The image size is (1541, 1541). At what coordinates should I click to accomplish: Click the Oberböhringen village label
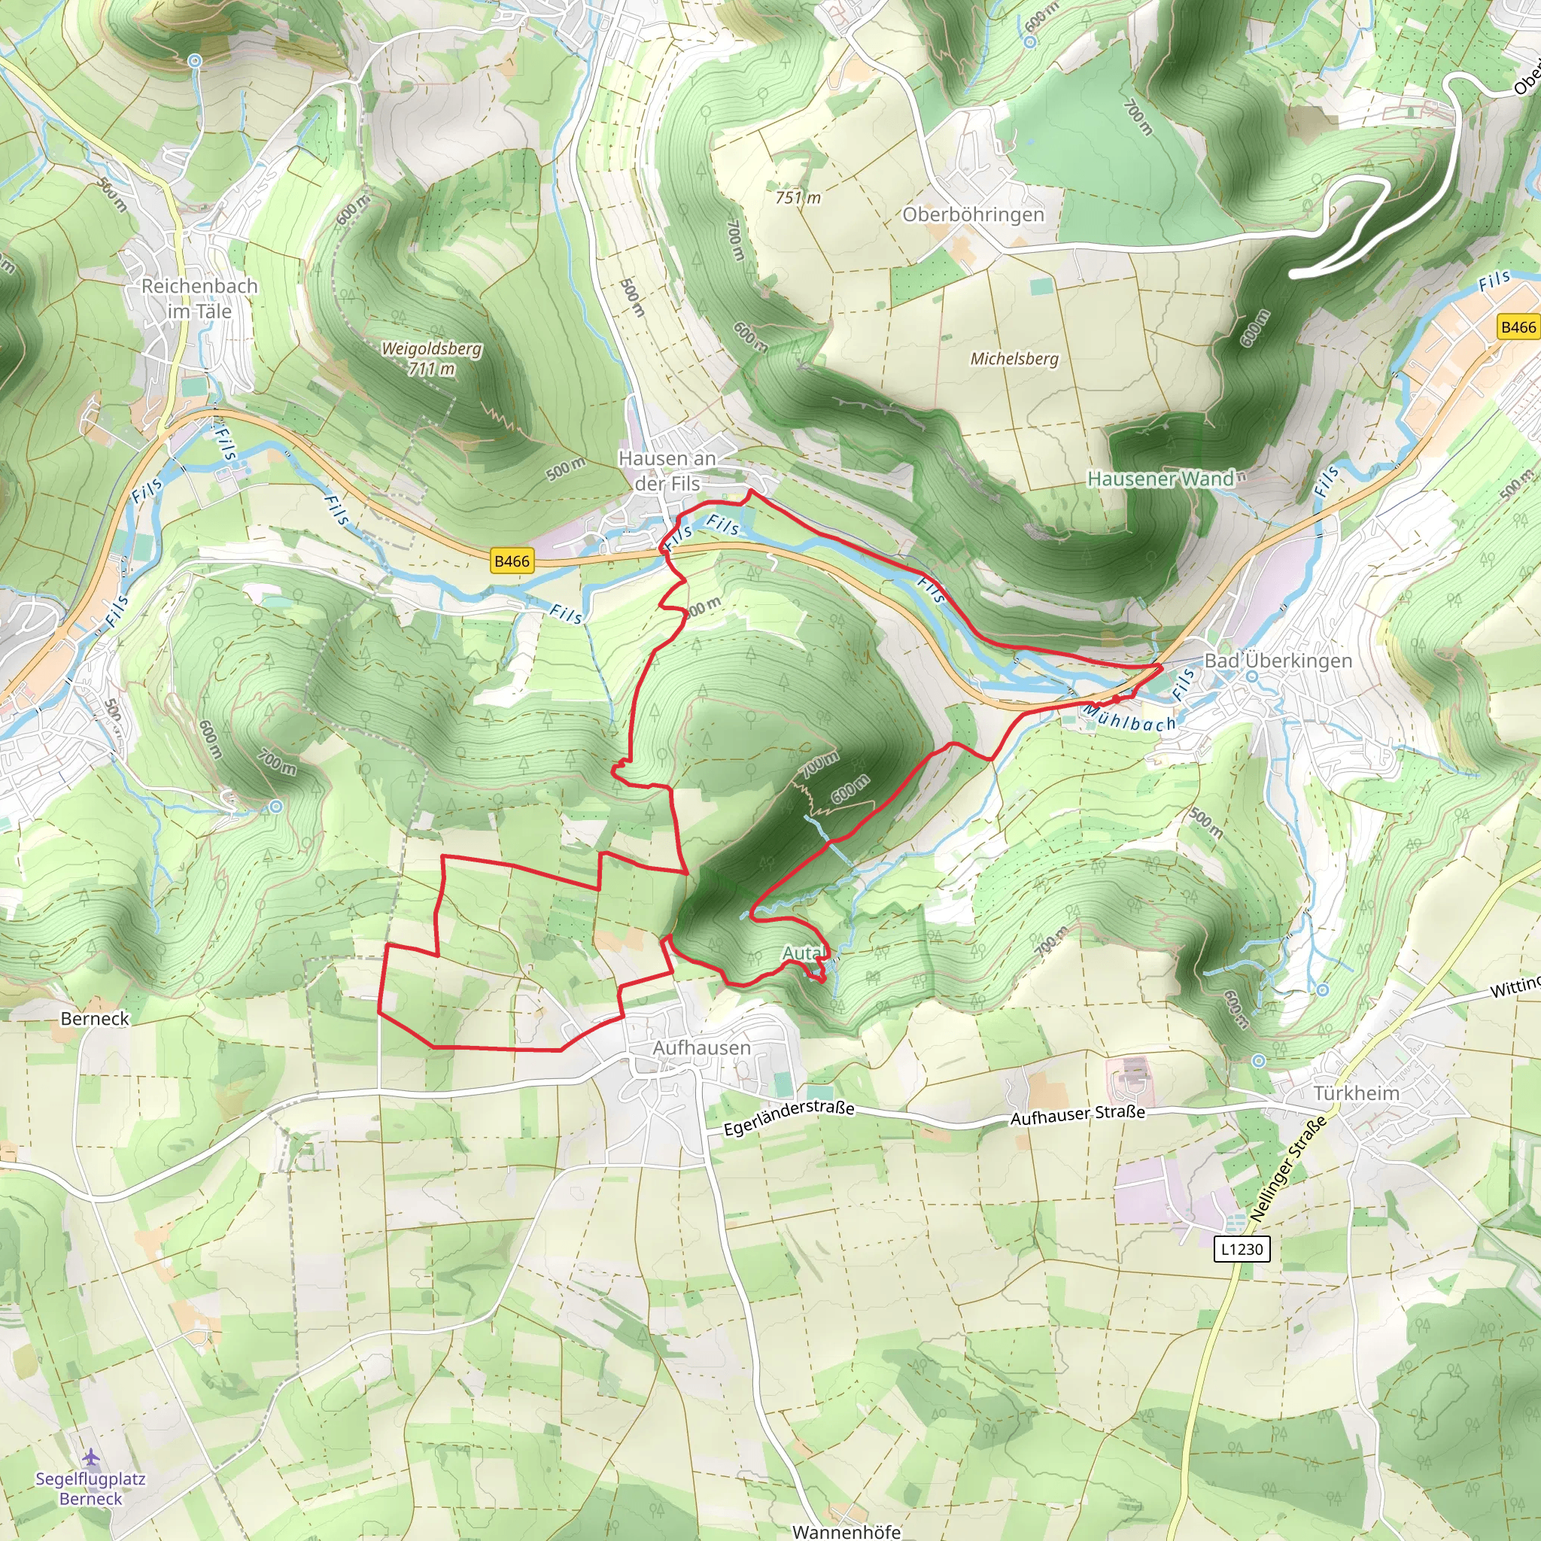click(973, 214)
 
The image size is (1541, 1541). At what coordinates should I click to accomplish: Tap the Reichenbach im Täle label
click(199, 298)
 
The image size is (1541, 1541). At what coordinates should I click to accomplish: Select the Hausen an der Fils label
click(667, 470)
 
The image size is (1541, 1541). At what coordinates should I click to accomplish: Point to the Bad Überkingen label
click(1278, 661)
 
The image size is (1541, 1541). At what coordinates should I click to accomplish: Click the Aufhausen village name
click(702, 1047)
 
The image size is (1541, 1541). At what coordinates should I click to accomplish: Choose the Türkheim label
click(1356, 1093)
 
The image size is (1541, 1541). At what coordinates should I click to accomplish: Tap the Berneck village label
click(95, 1019)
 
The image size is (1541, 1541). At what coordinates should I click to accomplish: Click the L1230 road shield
click(1242, 1248)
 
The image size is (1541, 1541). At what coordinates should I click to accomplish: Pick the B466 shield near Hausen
click(511, 561)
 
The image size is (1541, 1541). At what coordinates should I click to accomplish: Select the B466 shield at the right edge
click(1517, 327)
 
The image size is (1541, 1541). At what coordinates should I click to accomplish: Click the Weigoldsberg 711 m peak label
click(431, 358)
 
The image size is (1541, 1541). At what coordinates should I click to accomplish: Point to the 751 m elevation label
click(798, 197)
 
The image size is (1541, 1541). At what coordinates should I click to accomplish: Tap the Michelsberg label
click(1014, 359)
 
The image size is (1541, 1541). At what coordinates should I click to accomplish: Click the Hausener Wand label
click(1160, 479)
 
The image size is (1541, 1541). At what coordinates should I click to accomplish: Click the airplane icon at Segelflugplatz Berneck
click(91, 1457)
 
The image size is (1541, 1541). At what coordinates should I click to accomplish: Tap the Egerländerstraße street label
click(789, 1118)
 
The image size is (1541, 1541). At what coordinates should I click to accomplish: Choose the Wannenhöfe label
click(846, 1531)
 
